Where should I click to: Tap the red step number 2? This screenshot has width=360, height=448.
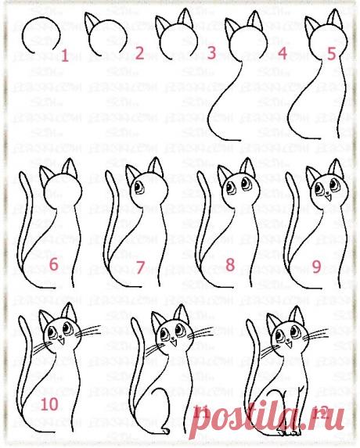(139, 54)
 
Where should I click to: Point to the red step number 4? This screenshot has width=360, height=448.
(283, 54)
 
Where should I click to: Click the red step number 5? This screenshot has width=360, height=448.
(331, 54)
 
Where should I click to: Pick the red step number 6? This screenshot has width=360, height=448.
(53, 265)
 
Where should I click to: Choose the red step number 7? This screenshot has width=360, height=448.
(140, 267)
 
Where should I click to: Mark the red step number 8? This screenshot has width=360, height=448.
(230, 265)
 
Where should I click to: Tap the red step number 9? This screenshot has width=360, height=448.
(317, 266)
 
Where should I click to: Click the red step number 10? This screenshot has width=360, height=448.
(49, 404)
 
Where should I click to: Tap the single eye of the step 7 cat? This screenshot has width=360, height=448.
(139, 188)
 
